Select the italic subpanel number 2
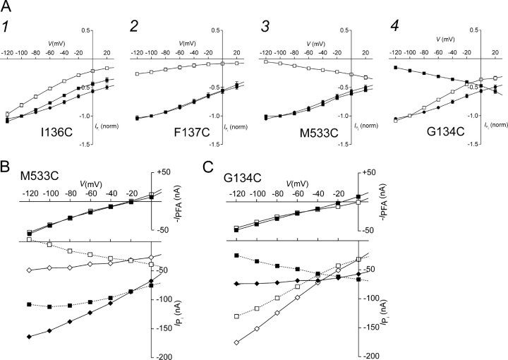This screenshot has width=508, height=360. coord(134,27)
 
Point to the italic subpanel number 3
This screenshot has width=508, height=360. coord(260,27)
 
